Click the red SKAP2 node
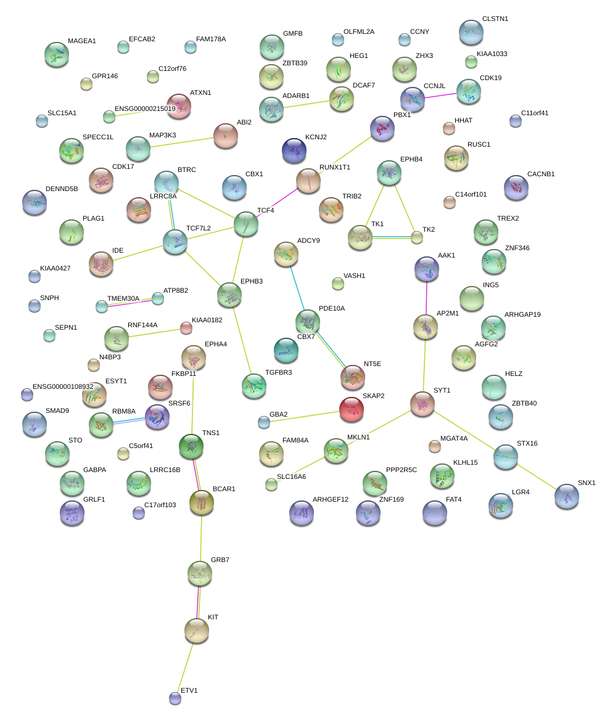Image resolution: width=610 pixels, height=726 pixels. [352, 409]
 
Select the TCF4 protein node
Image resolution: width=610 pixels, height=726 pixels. [246, 224]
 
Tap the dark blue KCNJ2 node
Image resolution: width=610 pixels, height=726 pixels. [294, 150]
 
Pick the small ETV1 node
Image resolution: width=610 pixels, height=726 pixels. [175, 698]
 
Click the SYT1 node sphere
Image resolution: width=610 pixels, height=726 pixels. [422, 403]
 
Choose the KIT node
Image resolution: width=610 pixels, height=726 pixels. [197, 630]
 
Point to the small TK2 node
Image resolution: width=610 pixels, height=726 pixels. [417, 237]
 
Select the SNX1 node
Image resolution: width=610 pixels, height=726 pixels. [567, 496]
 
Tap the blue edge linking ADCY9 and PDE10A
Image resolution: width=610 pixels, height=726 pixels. [297, 287]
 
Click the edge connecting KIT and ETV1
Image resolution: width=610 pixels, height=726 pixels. [186, 664]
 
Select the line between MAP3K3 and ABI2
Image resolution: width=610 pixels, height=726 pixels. [181, 142]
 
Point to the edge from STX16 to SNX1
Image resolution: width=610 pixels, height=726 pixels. [537, 476]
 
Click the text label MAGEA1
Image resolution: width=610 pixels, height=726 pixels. [82, 41]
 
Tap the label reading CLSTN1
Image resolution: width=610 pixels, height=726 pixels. [495, 19]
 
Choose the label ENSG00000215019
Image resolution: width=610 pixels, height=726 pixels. [145, 109]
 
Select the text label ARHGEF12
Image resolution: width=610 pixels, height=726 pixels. [331, 499]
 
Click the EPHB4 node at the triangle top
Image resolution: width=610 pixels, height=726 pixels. [389, 173]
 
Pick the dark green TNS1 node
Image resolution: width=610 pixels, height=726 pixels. [191, 446]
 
